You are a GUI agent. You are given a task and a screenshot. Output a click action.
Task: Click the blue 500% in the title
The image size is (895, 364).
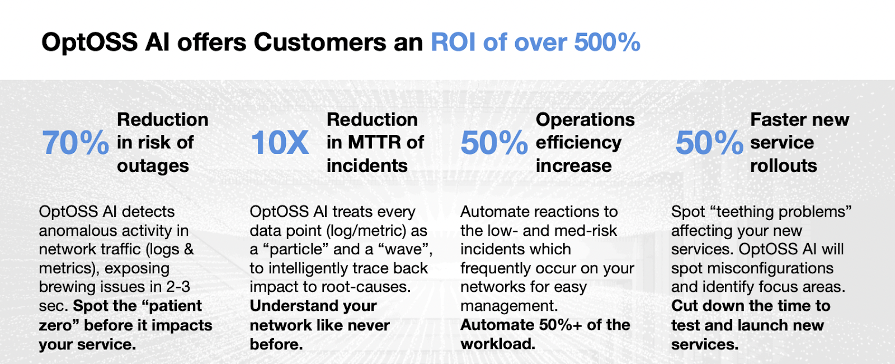[x=607, y=43]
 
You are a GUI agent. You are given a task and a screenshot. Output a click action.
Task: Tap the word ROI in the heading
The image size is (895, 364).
[x=454, y=43]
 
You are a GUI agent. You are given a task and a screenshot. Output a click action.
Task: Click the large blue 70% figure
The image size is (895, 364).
[x=76, y=143]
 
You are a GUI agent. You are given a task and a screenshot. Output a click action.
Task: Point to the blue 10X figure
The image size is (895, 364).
[x=280, y=143]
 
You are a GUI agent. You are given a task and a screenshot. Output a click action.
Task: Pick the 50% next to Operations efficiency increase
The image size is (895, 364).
[x=494, y=143]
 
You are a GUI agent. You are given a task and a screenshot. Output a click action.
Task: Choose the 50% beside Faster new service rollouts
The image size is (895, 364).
[x=709, y=143]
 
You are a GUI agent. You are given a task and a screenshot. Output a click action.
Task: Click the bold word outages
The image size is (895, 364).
[x=153, y=166]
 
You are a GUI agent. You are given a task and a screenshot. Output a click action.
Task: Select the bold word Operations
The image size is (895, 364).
[x=585, y=119]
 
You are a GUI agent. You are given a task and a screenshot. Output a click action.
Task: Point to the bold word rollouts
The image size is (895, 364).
[x=783, y=166]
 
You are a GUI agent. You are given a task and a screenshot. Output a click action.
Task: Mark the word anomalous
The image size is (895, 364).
[x=78, y=230]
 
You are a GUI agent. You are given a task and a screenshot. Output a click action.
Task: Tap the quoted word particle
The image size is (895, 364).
[x=296, y=249]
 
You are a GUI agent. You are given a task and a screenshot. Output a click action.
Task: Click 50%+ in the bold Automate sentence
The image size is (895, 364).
[x=559, y=325]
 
